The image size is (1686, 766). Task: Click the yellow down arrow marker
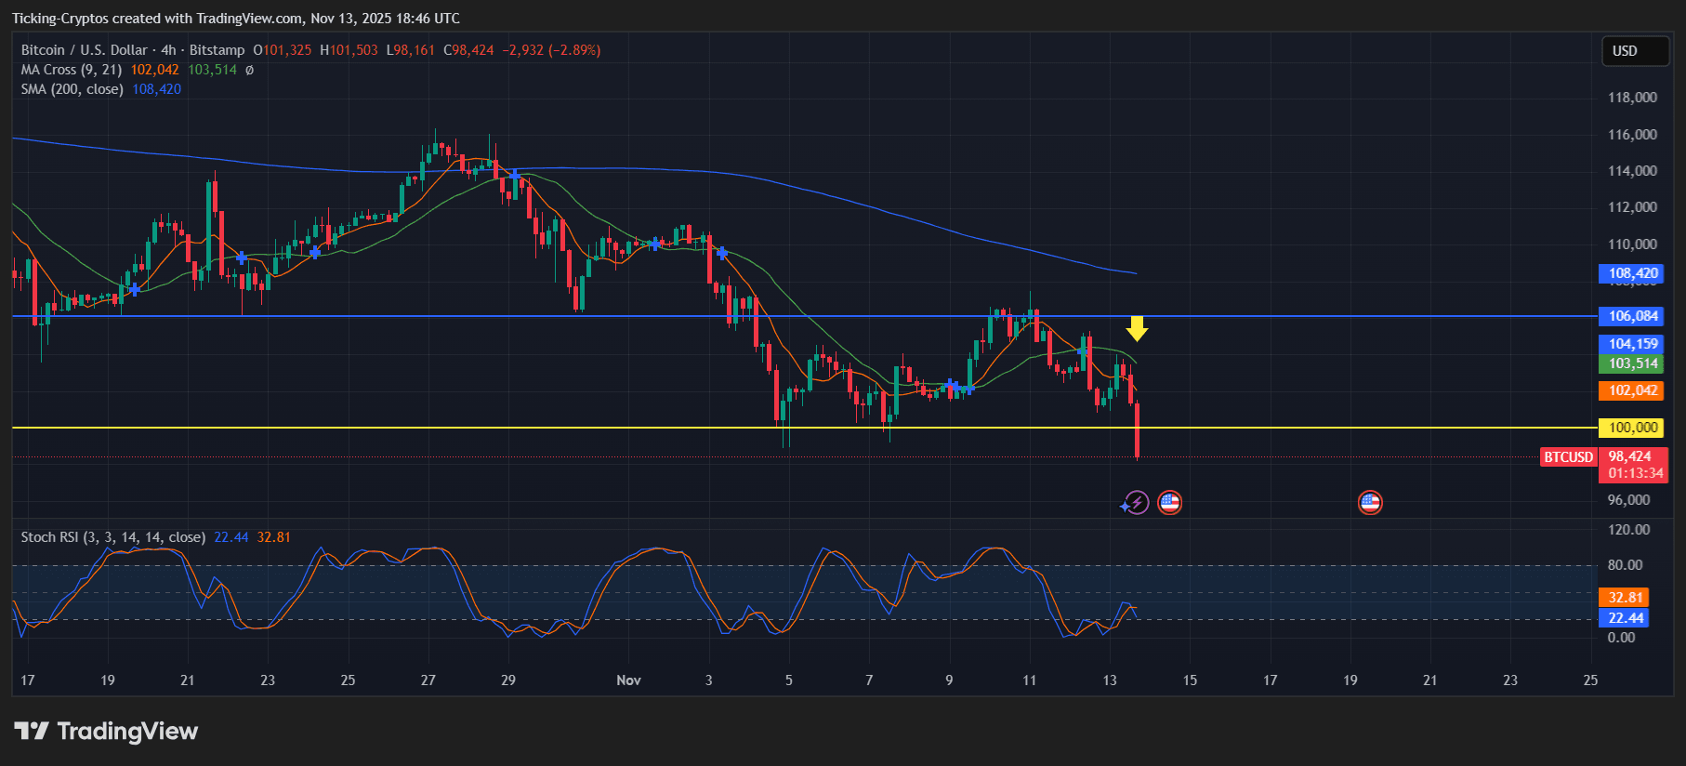(1137, 328)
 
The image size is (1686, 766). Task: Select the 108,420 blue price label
(1633, 273)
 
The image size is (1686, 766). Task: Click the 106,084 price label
(1633, 316)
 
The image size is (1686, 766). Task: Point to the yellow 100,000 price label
(1633, 428)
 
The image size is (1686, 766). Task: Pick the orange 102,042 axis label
(1633, 390)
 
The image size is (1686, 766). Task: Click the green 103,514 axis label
(1633, 363)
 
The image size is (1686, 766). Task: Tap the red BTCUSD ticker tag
(1568, 456)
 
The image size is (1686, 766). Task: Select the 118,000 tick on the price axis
(1632, 98)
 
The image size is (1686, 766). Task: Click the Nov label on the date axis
(628, 680)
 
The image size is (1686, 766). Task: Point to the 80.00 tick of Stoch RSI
(1625, 565)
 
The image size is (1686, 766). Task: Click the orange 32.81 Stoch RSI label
(1625, 598)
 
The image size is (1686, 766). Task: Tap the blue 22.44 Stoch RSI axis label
(1625, 618)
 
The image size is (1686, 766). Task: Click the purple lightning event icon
(1136, 503)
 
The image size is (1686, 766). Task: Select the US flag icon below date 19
(1370, 503)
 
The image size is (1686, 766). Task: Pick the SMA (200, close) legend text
(72, 89)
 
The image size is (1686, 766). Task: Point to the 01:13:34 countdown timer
(1635, 473)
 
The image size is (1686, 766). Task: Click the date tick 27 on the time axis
(428, 680)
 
